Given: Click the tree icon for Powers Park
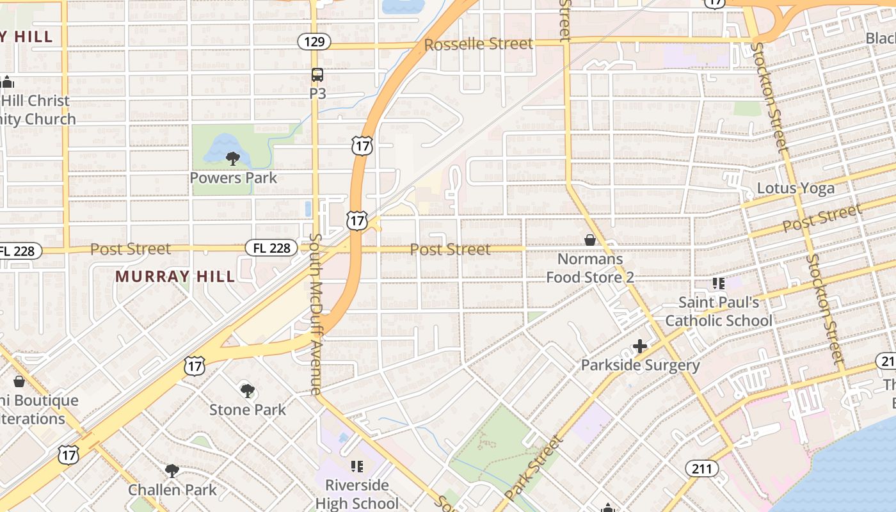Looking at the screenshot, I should tap(233, 157).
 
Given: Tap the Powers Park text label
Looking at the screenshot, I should tap(234, 178).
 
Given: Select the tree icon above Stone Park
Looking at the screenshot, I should tap(248, 390).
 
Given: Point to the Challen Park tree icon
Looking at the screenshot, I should tap(172, 471).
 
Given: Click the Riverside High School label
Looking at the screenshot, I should tap(356, 494).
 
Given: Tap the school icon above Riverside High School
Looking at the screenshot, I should tap(356, 466).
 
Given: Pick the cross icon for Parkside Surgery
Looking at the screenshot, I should tap(640, 346).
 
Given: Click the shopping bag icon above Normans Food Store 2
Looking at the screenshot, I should tap(590, 240).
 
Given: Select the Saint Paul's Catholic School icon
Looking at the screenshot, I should tap(719, 283).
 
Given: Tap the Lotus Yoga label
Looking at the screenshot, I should tap(796, 188).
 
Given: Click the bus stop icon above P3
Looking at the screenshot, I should tap(317, 75).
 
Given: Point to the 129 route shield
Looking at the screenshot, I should tap(314, 42).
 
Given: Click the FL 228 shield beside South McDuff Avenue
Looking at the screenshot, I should tap(271, 248).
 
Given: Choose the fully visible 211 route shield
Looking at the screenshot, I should tap(702, 469).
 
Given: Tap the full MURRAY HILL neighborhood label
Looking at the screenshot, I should tap(175, 276).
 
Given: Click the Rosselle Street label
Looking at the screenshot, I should tap(478, 44).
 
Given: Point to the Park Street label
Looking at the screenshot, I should tap(534, 468).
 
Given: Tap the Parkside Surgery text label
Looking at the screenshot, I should tap(640, 365).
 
